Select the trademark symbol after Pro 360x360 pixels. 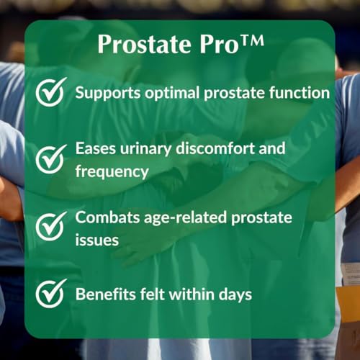pyautogui.click(x=248, y=42)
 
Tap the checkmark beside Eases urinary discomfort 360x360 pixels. pyautogui.click(x=51, y=159)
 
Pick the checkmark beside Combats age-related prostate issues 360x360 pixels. pyautogui.click(x=51, y=226)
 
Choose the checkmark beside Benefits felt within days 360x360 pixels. pyautogui.click(x=51, y=292)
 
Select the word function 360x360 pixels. pyautogui.click(x=300, y=94)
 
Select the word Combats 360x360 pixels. pyautogui.click(x=108, y=215)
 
